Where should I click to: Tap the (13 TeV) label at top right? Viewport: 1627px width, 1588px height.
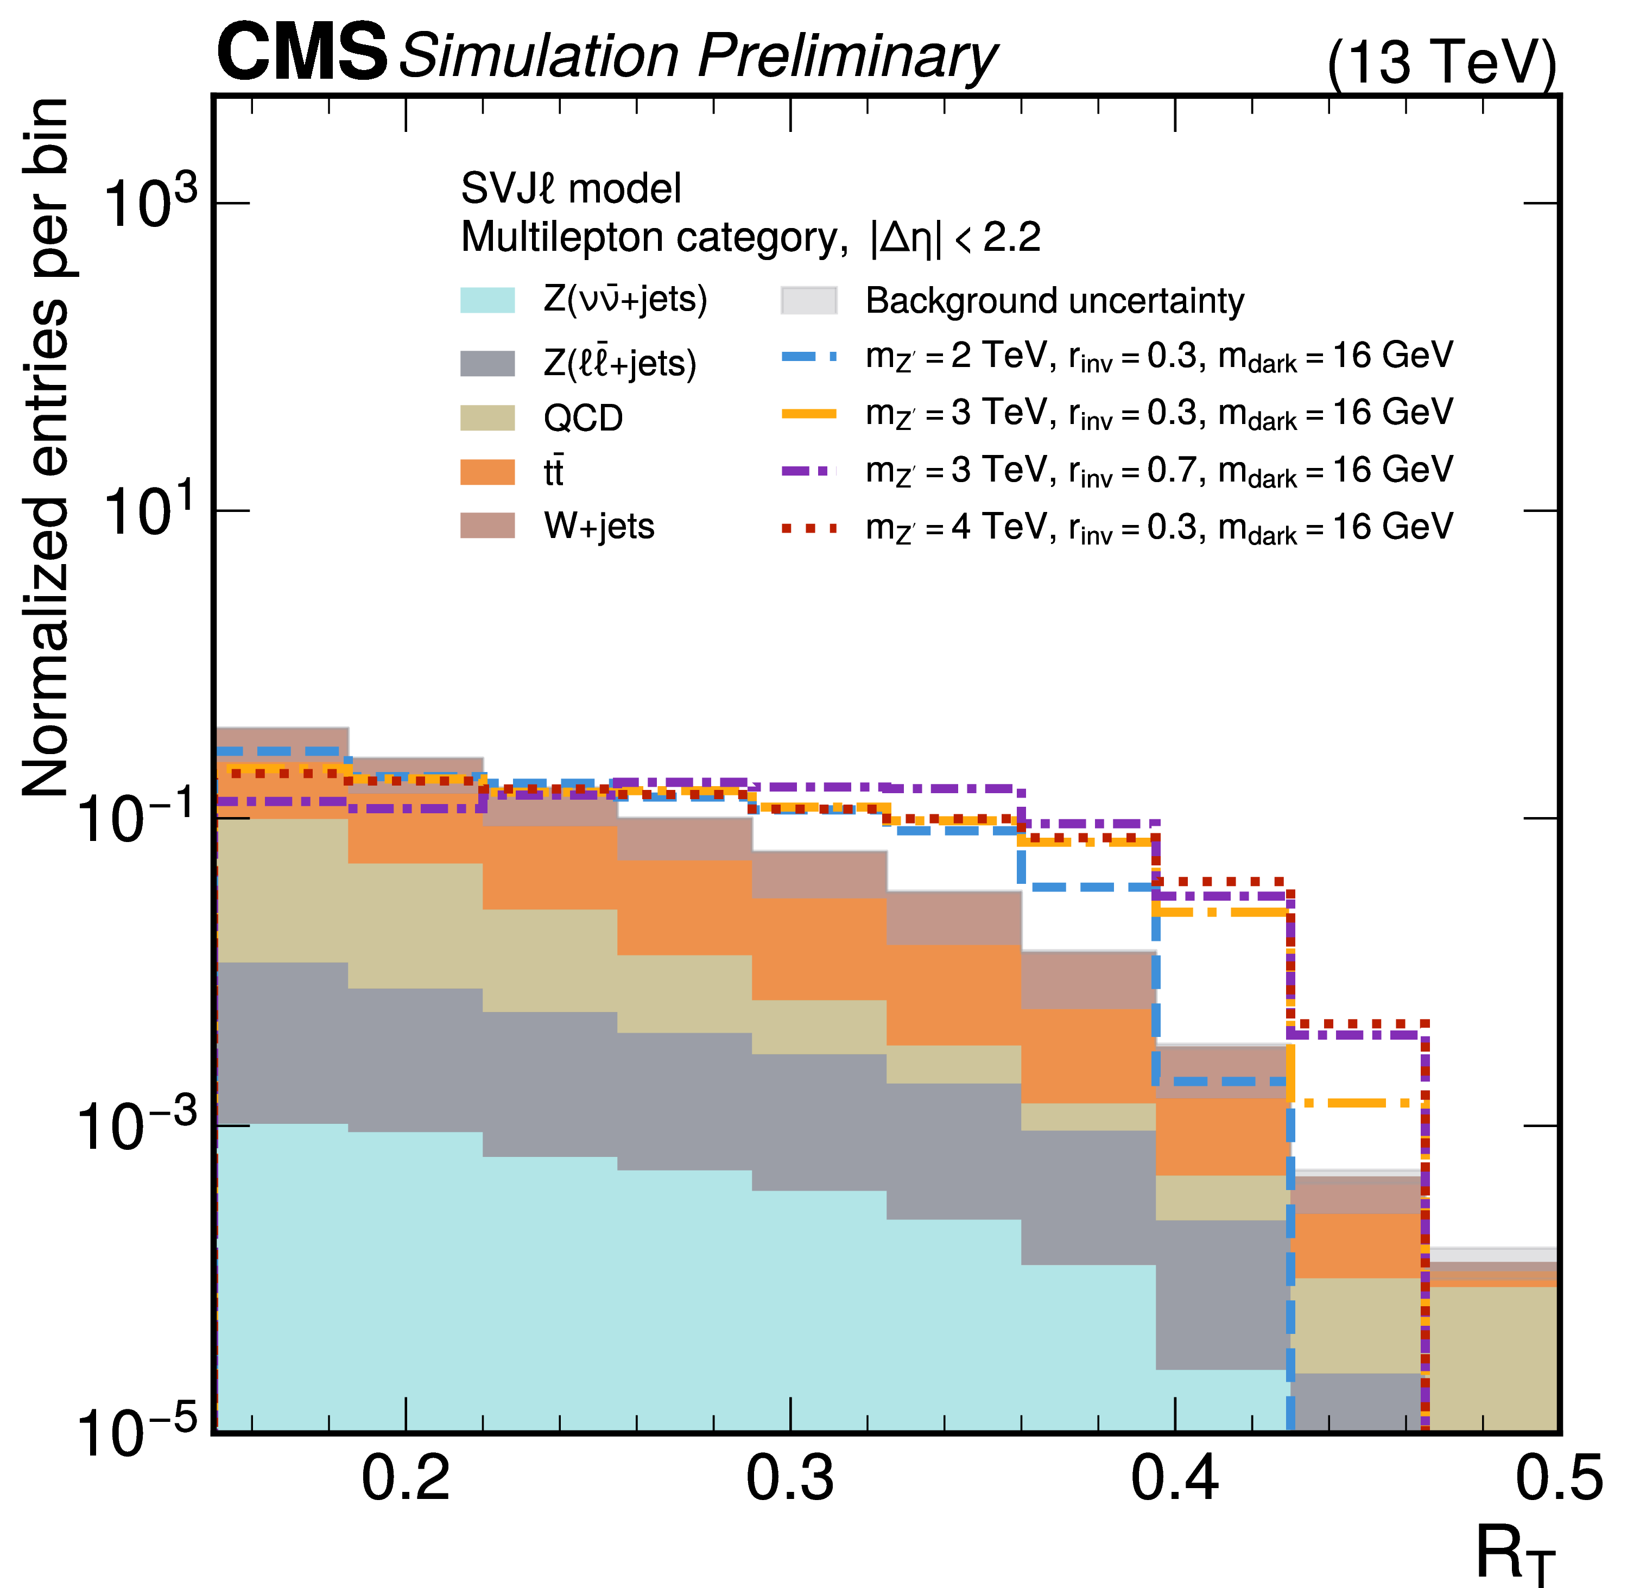1441,62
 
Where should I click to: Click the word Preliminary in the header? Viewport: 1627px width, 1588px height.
847,56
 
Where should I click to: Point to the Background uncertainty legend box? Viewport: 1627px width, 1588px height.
808,300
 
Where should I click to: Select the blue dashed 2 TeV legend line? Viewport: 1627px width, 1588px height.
808,357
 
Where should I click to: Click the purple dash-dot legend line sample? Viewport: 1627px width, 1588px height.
808,471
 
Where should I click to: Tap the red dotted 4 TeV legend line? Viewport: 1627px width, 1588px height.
808,528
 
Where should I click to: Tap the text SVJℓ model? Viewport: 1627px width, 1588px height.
571,188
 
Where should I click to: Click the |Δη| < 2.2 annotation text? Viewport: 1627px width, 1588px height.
955,238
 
